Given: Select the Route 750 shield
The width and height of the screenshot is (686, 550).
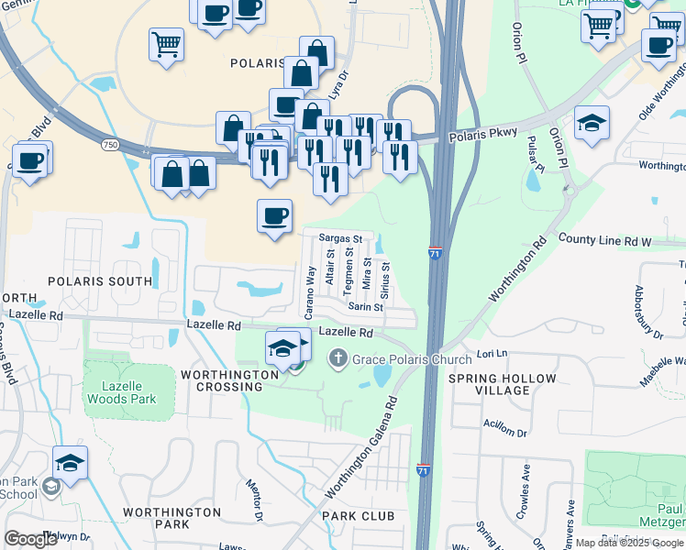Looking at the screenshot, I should click(109, 146).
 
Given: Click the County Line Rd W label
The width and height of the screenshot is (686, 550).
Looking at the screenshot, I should click(603, 240).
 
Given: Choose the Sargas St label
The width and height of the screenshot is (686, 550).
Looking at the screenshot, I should click(341, 238).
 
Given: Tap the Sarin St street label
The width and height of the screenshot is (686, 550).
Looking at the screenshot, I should click(365, 307).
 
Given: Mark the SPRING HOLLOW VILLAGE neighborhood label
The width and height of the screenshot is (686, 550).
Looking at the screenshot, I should click(502, 384).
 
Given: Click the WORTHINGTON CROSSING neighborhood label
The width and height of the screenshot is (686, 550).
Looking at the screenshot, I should click(229, 381).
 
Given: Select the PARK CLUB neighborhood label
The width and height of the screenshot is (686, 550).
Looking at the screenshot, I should click(358, 516).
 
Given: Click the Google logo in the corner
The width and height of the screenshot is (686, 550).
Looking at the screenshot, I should click(30, 539).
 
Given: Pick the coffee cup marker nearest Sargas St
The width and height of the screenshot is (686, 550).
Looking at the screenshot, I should click(274, 216).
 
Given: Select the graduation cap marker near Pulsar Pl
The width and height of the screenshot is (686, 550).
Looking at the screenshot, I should click(592, 124).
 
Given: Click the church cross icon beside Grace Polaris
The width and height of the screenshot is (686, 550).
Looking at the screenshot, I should click(339, 358).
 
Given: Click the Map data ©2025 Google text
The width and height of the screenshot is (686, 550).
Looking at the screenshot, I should click(629, 543).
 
